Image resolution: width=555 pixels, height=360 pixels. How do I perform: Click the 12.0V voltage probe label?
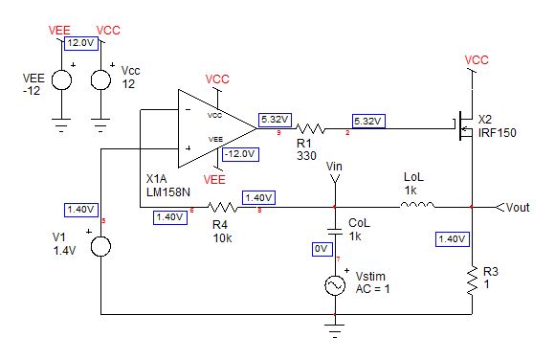(80, 43)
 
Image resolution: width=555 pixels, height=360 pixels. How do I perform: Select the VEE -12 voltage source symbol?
(60, 79)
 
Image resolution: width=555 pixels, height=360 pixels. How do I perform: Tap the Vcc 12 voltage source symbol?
(100, 79)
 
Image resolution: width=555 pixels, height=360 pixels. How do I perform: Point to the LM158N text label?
(168, 191)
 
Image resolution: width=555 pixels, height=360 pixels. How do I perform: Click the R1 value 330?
(306, 155)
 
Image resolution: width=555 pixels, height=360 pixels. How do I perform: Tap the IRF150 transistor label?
(498, 133)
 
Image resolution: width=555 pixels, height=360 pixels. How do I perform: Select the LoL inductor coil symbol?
(420, 204)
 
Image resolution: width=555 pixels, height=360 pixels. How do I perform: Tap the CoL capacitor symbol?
(334, 230)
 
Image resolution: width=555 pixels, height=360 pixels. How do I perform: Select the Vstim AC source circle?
(335, 285)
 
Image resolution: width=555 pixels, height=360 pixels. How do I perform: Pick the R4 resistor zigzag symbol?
(222, 205)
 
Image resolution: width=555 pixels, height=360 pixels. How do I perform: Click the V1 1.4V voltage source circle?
(100, 248)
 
